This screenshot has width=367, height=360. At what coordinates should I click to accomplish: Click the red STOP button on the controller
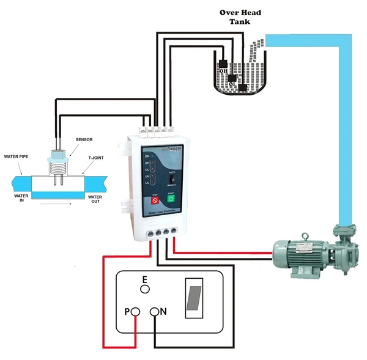coord(155,199)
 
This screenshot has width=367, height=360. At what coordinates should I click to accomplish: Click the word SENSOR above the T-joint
coord(84,140)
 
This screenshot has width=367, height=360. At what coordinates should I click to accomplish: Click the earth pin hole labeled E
coord(145,290)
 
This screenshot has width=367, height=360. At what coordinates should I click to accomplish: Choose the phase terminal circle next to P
coord(136,312)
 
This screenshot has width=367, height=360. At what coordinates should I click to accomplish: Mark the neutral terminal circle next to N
coord(155,312)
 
